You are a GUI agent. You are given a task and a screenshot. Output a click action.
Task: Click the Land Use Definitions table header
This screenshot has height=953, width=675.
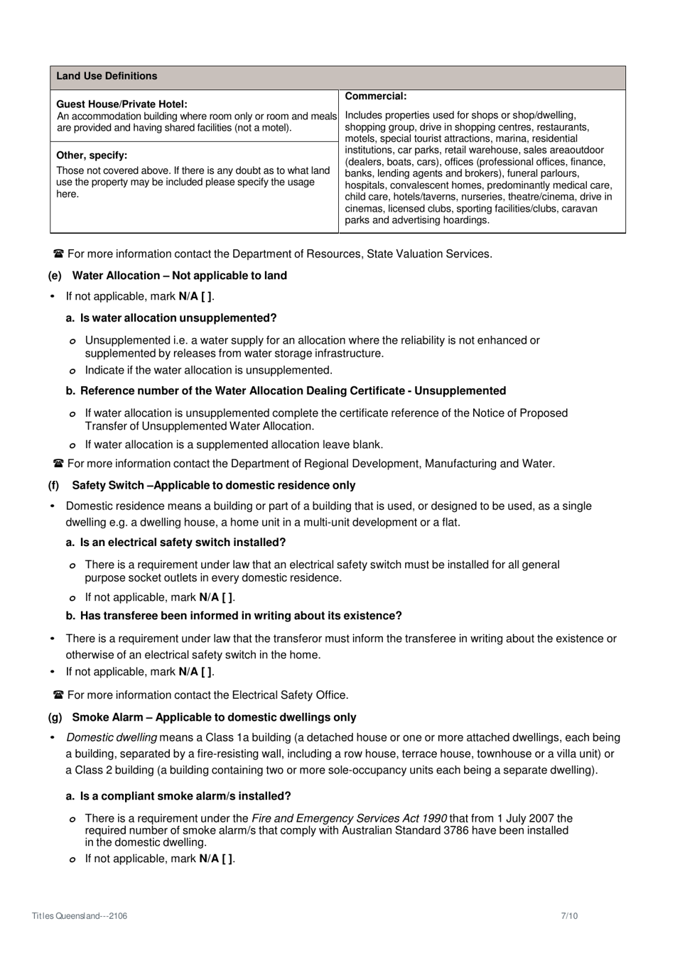[x=107, y=76]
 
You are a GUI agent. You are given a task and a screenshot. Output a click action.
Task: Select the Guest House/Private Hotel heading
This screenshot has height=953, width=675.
[x=121, y=104]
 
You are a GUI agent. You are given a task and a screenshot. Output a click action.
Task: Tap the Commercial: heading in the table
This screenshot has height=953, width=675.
[x=375, y=96]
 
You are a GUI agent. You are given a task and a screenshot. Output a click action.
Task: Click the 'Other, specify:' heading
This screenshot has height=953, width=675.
[x=92, y=155]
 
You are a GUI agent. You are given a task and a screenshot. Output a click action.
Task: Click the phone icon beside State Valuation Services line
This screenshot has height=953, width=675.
[x=58, y=254]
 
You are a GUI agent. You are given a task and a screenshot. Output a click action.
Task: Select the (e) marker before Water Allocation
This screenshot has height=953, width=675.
[x=55, y=276]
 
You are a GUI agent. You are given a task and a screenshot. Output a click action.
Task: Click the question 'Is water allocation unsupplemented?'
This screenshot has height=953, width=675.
[x=178, y=318]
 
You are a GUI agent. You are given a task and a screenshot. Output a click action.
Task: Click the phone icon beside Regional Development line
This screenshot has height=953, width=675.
[x=58, y=464]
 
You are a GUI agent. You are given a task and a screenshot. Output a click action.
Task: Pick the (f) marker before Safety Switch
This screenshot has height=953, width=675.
[x=54, y=485]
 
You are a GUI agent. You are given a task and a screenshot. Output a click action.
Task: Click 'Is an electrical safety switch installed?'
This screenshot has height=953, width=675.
[x=183, y=543]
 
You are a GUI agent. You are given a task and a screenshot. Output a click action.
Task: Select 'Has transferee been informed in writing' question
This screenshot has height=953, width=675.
[x=240, y=616]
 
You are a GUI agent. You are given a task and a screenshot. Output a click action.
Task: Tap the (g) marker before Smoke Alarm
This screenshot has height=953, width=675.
[x=55, y=717]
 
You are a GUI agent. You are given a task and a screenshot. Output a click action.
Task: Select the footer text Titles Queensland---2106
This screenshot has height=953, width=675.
[x=80, y=916]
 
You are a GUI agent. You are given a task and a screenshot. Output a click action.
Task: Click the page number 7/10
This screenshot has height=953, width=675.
[x=569, y=916]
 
